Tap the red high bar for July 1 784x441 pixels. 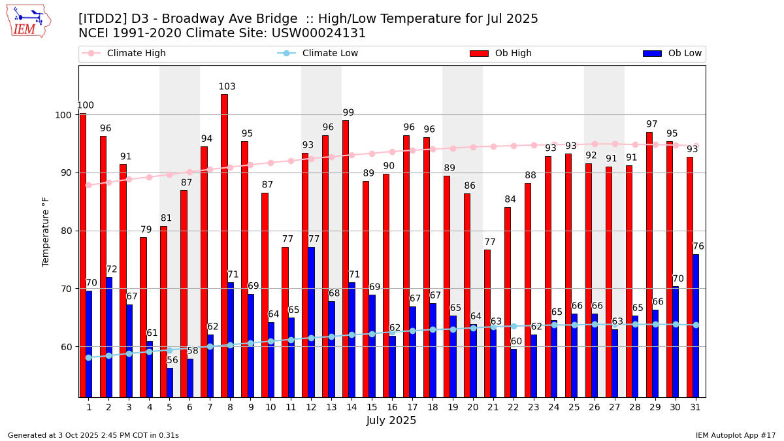pos(83,255)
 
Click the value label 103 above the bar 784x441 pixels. pos(227,87)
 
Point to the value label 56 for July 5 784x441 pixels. pos(172,360)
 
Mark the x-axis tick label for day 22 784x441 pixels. pos(514,407)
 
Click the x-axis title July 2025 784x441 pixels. pos(391,421)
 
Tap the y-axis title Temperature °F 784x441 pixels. pos(46,232)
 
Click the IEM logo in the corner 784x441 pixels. pos(28,21)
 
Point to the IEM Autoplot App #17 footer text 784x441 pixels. pos(736,435)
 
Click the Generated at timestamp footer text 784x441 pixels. pos(93,435)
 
